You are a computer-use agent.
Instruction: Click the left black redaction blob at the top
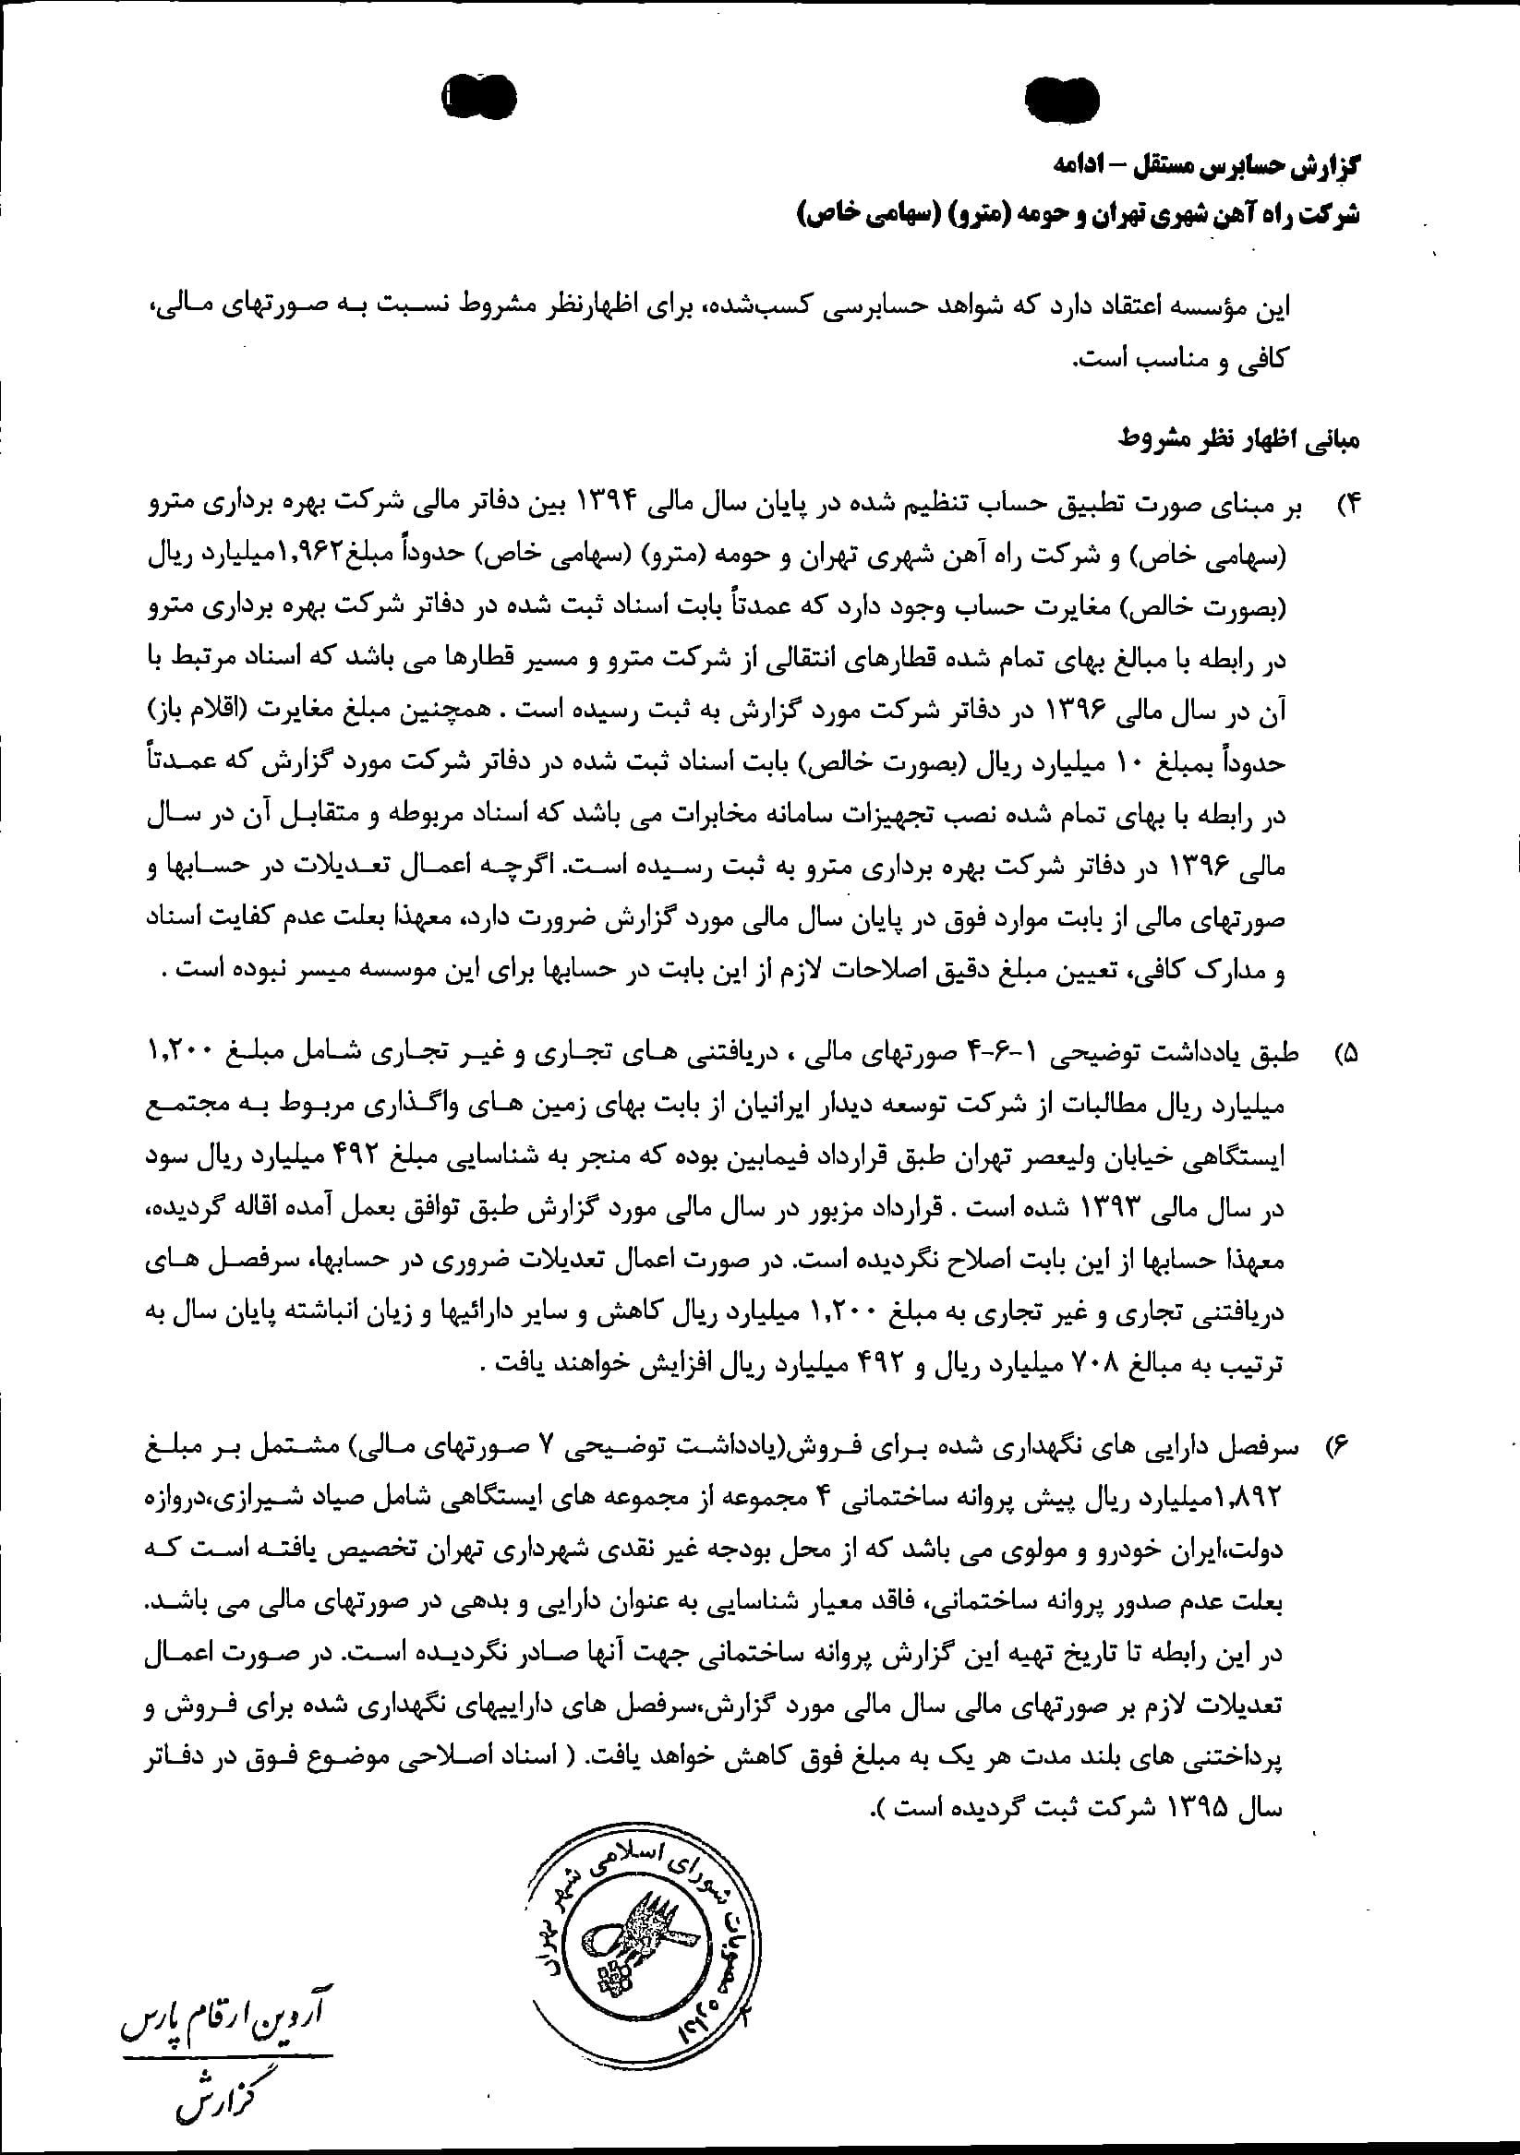[480, 95]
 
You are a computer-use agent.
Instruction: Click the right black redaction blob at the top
[1062, 100]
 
